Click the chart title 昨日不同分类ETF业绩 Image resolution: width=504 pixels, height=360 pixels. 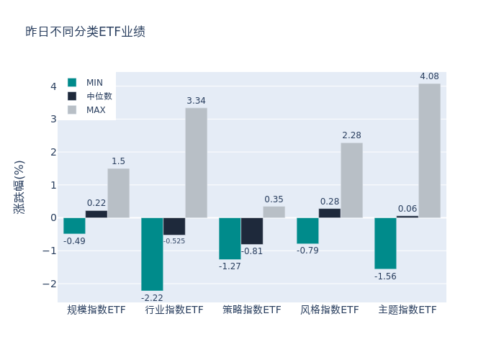(x=85, y=32)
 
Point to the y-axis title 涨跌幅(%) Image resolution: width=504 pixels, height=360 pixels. (x=19, y=187)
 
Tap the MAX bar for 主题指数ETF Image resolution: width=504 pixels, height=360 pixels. (x=429, y=150)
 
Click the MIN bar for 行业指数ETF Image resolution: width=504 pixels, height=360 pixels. (x=152, y=253)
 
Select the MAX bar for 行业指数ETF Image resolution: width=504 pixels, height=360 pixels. (x=196, y=163)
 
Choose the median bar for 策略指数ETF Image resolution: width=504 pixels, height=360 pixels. (x=252, y=230)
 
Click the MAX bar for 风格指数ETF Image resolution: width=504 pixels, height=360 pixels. (x=351, y=180)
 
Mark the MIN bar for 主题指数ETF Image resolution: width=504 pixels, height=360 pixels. (x=385, y=243)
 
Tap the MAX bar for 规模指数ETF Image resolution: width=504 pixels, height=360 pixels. (x=118, y=193)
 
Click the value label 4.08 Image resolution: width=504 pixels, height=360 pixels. (x=429, y=76)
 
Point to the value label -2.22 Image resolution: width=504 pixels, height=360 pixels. (x=152, y=297)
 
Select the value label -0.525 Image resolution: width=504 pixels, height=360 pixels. (x=174, y=241)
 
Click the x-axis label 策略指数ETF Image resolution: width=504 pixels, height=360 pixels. (x=252, y=310)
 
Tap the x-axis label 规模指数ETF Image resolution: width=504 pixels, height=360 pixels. (x=96, y=310)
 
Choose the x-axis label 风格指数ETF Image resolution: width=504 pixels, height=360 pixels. (x=330, y=310)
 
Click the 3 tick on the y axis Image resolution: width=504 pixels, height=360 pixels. (x=53, y=119)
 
